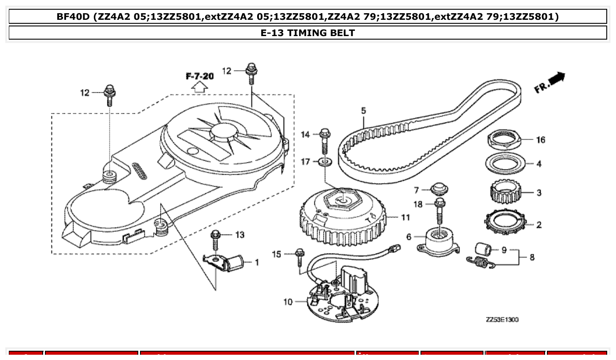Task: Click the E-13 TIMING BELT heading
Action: pos(307,33)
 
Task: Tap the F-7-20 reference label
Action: pos(199,76)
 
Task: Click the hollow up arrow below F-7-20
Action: pos(199,87)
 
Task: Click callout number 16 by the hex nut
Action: pos(540,140)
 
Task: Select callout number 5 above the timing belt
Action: pos(364,111)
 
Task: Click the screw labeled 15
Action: pos(299,256)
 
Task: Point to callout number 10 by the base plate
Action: pos(288,302)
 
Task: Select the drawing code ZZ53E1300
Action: pos(502,320)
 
